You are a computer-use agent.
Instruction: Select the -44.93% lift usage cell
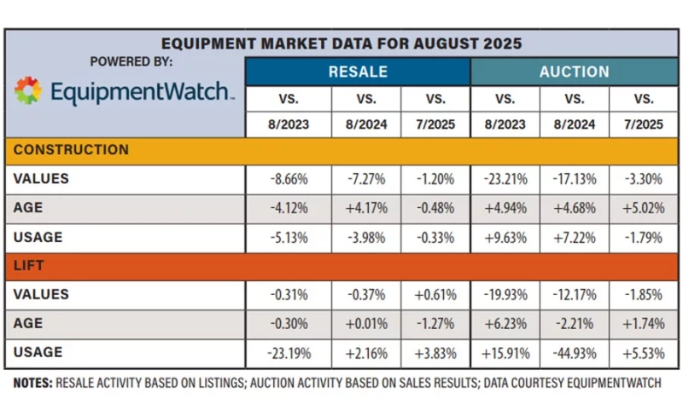pyautogui.click(x=575, y=351)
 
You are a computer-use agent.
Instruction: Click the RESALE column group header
pyautogui.click(x=358, y=72)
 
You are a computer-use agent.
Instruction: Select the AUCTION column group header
pyautogui.click(x=574, y=72)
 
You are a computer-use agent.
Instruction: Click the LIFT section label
pyautogui.click(x=30, y=265)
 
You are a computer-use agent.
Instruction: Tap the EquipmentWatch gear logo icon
pyautogui.click(x=28, y=90)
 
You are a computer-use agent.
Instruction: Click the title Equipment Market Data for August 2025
pyautogui.click(x=341, y=43)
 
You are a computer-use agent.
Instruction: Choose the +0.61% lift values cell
pyautogui.click(x=435, y=294)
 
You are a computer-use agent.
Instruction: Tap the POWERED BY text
pyautogui.click(x=131, y=61)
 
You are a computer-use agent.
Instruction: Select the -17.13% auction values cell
pyautogui.click(x=575, y=179)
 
